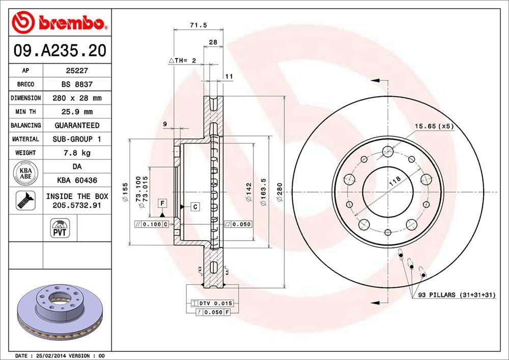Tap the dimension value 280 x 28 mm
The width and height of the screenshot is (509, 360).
77,98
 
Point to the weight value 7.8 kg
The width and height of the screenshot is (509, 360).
77,152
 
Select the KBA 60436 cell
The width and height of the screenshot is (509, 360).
77,180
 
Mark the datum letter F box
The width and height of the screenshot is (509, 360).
162,204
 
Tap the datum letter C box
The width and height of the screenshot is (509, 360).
195,207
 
